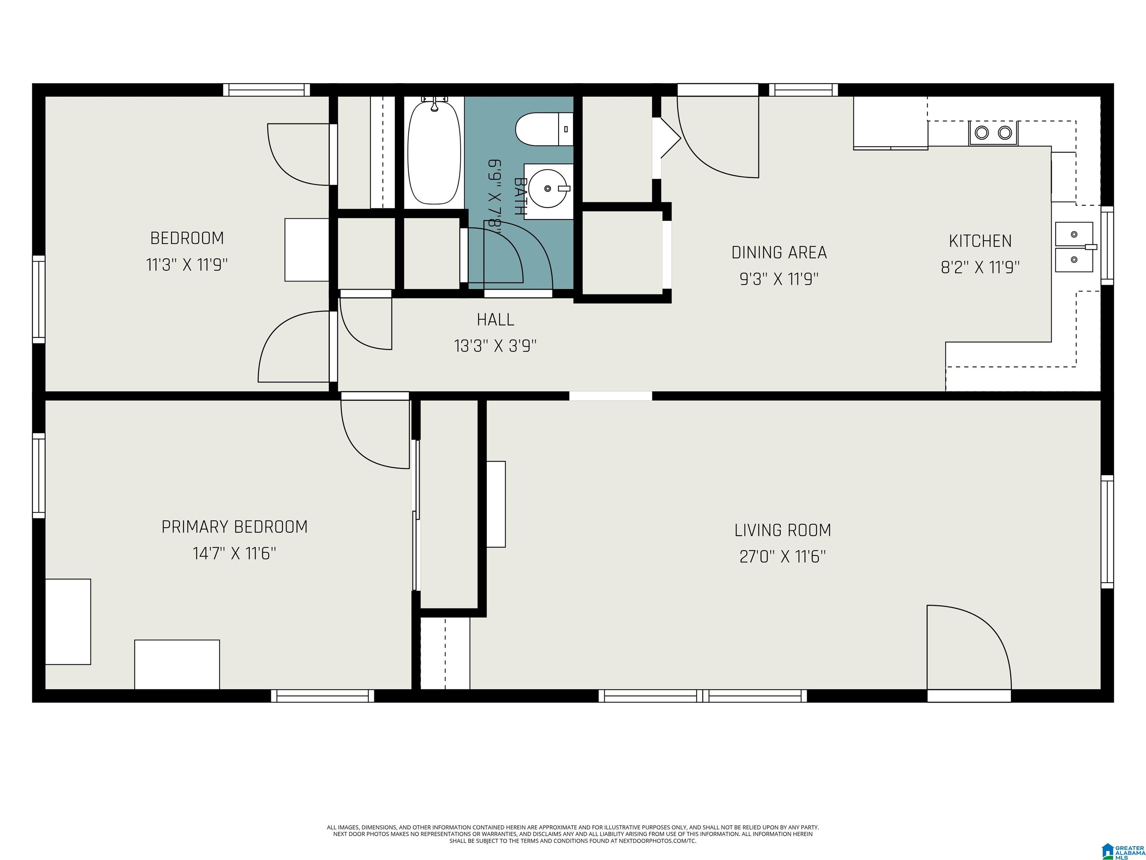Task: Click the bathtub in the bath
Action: pyautogui.click(x=434, y=152)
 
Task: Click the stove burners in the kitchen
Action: pyautogui.click(x=993, y=133)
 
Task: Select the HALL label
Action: pyautogui.click(x=495, y=319)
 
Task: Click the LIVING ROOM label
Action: pyautogui.click(x=782, y=530)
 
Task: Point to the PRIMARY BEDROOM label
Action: pyautogui.click(x=234, y=527)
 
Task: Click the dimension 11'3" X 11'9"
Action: pyautogui.click(x=187, y=265)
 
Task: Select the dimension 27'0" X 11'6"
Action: pyautogui.click(x=782, y=557)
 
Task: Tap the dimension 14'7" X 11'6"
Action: pyautogui.click(x=234, y=553)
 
